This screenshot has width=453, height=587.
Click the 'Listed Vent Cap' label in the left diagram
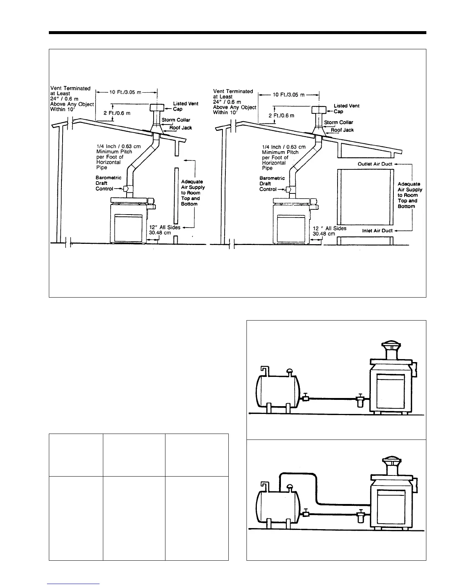(x=185, y=106)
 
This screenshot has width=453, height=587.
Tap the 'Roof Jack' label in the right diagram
(x=342, y=130)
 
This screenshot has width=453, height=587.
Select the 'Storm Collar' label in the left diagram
(x=176, y=120)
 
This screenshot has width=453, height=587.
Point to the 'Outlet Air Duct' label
(x=375, y=164)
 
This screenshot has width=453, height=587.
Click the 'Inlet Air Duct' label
(x=377, y=231)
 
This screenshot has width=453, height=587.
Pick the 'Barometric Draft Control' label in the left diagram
(x=108, y=183)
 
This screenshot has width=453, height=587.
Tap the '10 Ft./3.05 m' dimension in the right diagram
(x=289, y=95)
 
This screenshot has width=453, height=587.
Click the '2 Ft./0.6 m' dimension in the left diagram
(x=117, y=113)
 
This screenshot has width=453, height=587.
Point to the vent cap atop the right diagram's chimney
(x=318, y=110)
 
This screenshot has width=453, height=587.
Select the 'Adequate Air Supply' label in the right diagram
(x=410, y=195)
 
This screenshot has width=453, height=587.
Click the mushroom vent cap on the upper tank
(x=289, y=371)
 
